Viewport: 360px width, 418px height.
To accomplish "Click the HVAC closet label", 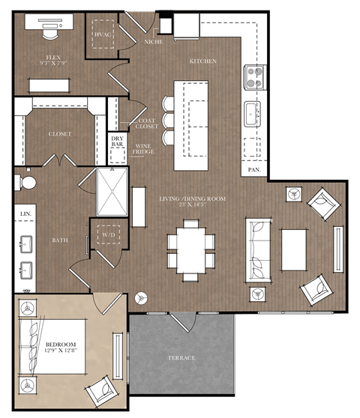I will pos(102,35).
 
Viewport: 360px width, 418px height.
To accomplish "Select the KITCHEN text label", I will pos(202,61).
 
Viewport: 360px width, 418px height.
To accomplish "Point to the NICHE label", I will pos(153,42).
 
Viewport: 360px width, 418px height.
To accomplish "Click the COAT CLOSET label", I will pos(147,124).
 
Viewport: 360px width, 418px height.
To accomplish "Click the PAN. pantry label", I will pos(254,170).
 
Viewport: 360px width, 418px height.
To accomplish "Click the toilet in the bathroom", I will pos(27,183).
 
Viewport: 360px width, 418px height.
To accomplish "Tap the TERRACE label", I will pos(181,358).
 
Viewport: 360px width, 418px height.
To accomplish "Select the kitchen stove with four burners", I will pos(254,76).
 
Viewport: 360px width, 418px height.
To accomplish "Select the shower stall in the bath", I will pos(112,192).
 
